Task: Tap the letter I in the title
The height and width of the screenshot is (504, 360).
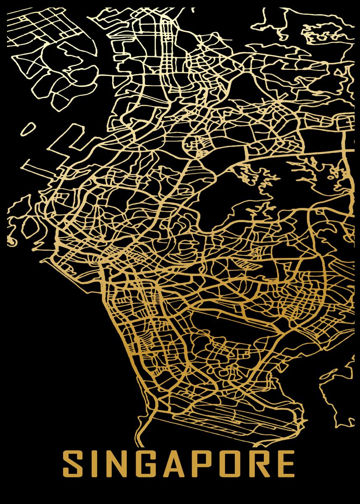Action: coord(94,464)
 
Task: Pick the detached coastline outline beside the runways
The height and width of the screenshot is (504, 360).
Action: coord(336,391)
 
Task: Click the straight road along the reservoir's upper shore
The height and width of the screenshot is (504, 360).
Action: coord(294,154)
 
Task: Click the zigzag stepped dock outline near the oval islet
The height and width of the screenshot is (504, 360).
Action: coord(63,143)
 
